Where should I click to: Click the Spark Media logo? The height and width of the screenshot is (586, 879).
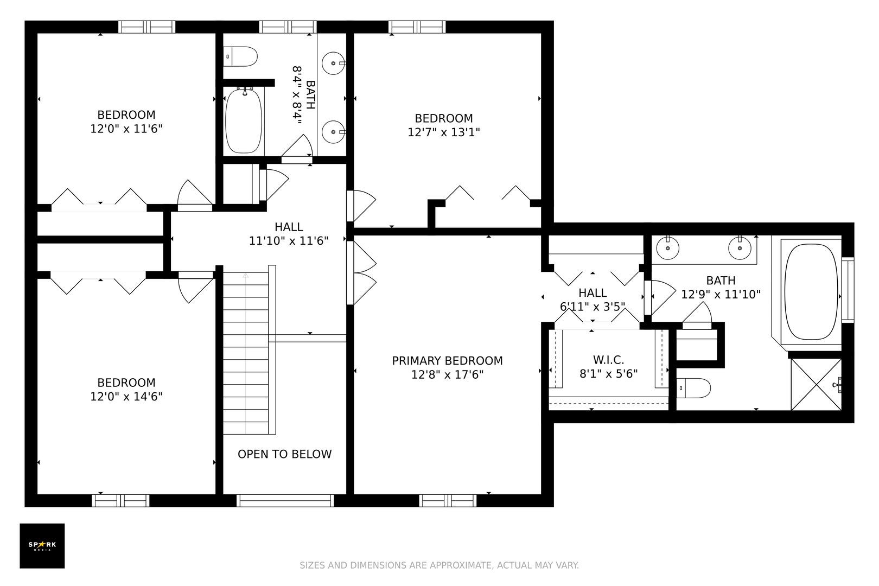point(42,545)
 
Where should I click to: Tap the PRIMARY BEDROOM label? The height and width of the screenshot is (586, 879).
point(447,361)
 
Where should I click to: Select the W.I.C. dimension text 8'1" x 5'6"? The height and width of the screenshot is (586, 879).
point(609,374)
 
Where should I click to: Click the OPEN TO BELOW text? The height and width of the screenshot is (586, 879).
point(284,454)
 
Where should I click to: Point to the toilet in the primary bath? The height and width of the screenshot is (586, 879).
point(693,388)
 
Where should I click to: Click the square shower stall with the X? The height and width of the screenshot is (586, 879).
point(816,384)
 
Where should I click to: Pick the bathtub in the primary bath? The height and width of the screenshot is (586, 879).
point(811,291)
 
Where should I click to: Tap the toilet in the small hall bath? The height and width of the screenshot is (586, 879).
point(240,56)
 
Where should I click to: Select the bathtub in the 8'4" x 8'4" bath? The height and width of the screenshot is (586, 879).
point(244,121)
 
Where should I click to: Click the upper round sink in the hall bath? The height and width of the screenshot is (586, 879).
point(334,63)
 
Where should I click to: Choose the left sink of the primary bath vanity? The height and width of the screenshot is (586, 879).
point(668,248)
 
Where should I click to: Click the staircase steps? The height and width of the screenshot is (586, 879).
point(246,353)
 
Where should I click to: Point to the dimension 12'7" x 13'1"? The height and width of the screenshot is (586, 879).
point(444,132)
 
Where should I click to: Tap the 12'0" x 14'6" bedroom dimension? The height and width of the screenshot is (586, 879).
point(126,397)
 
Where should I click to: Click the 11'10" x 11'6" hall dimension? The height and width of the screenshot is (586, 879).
point(289,240)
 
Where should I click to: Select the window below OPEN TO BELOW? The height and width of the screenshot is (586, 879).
point(285,500)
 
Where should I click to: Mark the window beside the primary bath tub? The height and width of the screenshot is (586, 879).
point(848,290)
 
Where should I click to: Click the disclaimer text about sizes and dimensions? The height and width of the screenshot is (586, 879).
point(439,565)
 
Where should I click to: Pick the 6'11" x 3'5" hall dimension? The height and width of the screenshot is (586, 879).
point(593,307)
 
